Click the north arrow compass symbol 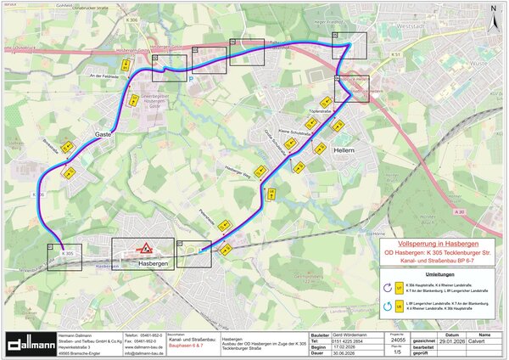point(493,11)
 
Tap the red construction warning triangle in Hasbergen point(145,248)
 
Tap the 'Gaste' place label point(103,133)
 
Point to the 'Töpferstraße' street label point(319,112)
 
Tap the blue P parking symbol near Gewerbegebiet point(190,79)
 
